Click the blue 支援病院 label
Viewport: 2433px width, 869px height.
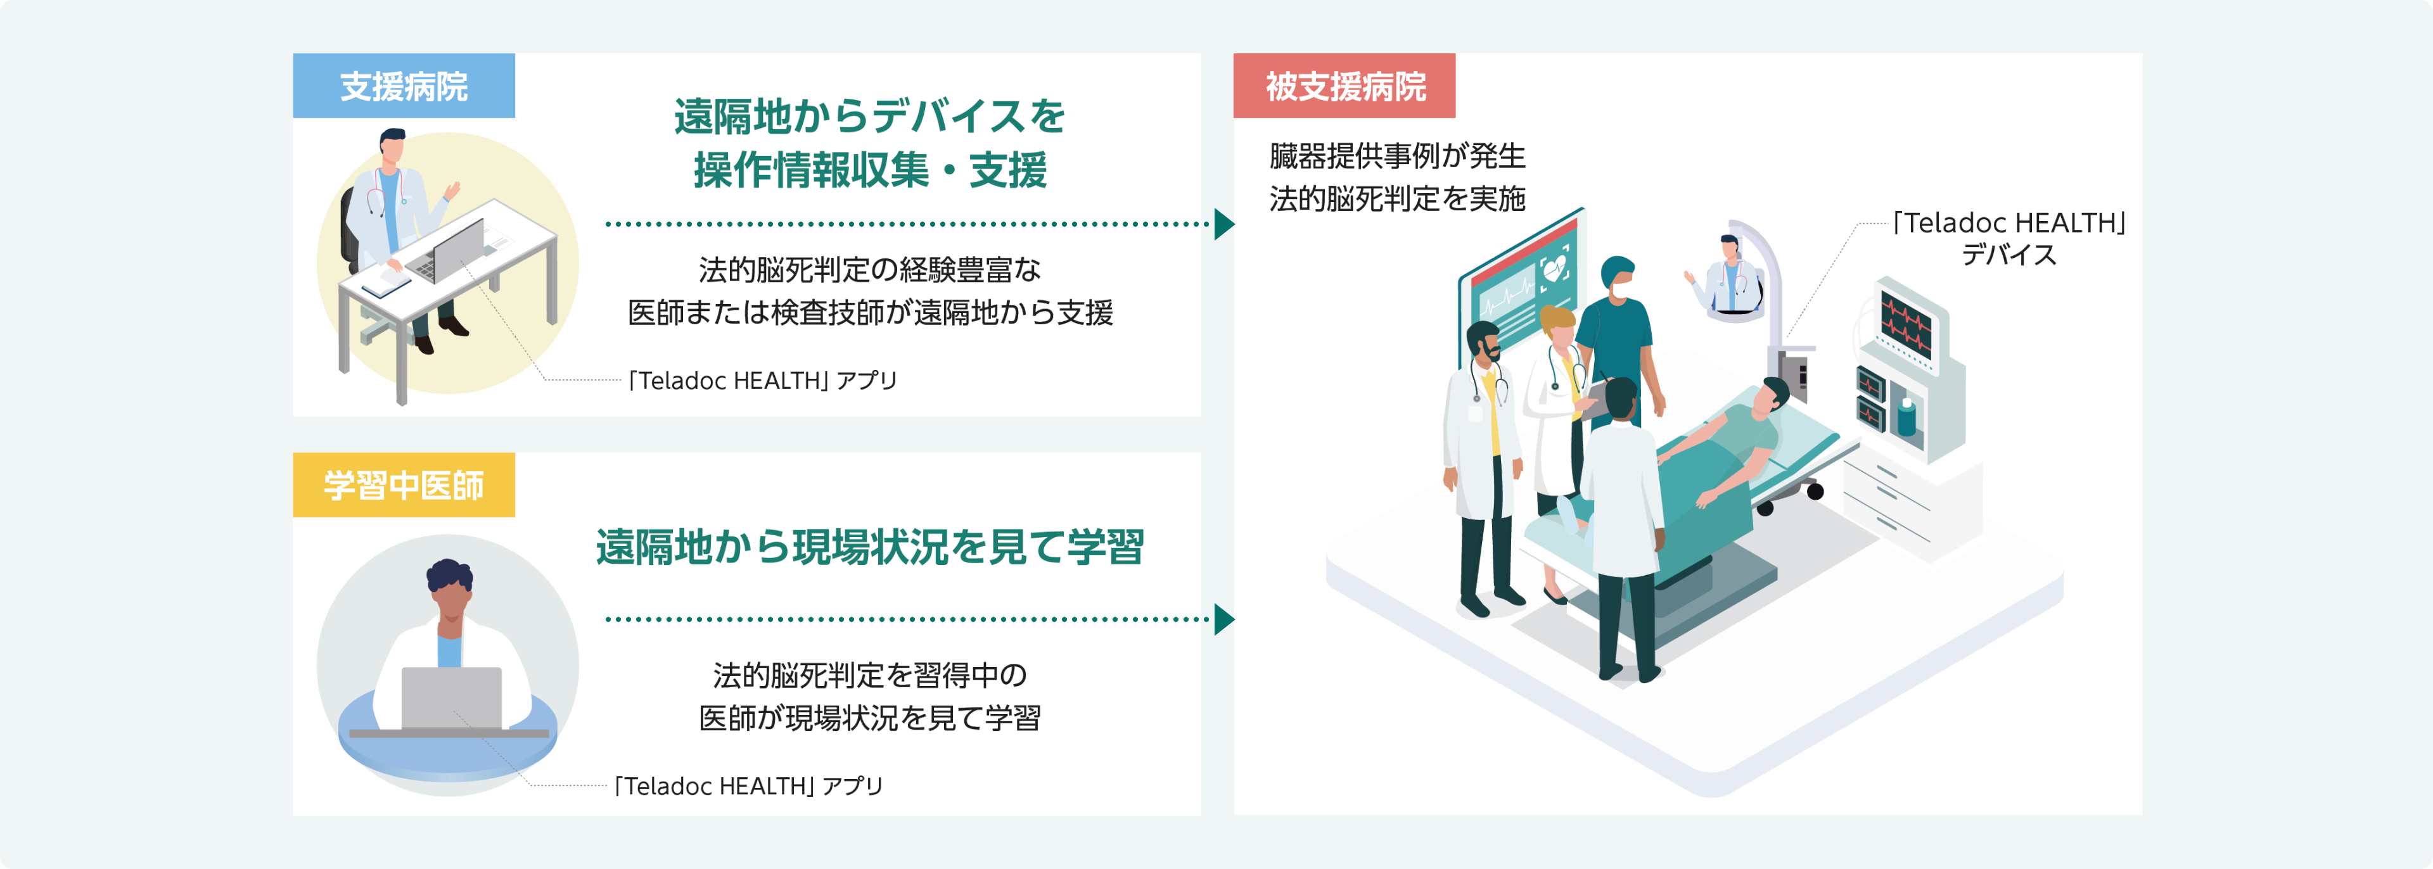click(404, 86)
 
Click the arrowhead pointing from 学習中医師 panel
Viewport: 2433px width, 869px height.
click(1224, 619)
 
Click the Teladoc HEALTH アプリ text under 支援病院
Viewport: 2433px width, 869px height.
click(763, 381)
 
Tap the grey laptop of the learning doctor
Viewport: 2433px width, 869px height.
click(452, 699)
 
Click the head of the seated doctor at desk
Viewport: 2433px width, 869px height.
click(392, 146)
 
